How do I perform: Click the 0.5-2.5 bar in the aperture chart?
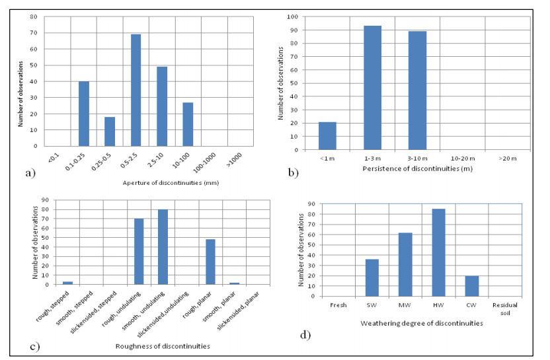click(136, 90)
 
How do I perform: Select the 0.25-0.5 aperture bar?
click(110, 131)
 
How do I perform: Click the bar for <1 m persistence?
click(327, 135)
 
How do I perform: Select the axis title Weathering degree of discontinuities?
click(422, 324)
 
